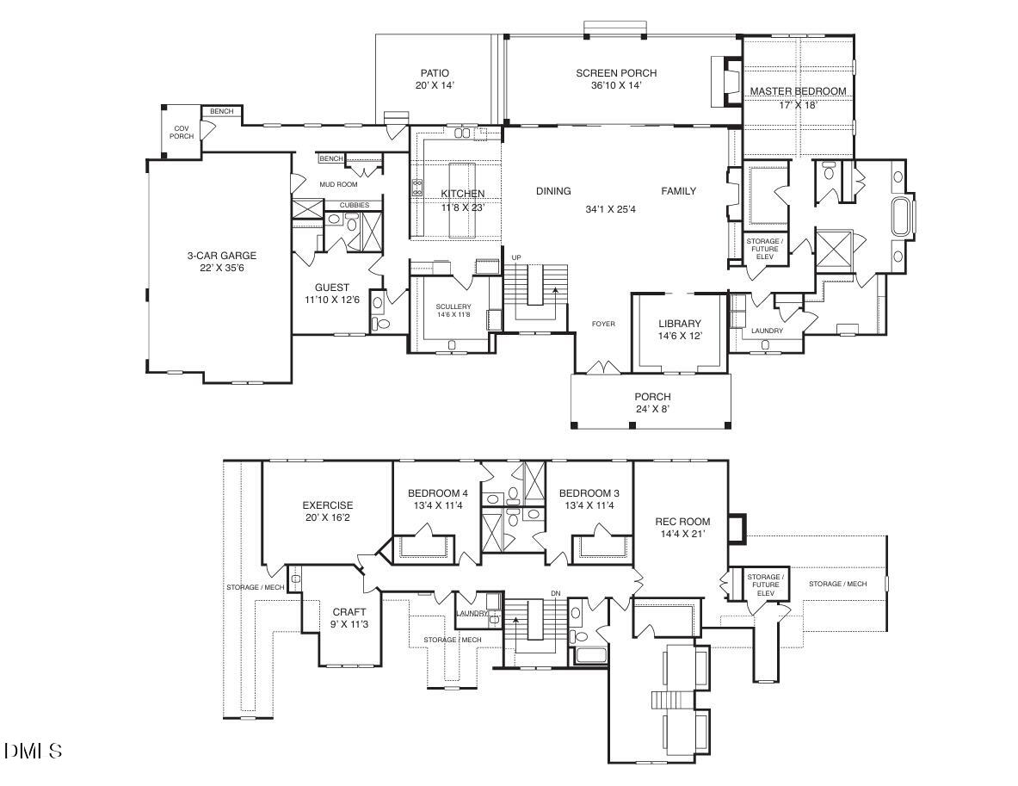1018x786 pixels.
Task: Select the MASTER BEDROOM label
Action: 798,91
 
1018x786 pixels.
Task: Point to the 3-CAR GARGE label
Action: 222,256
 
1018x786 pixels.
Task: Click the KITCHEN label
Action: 463,194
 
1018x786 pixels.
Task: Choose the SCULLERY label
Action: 453,307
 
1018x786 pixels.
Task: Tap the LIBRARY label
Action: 680,324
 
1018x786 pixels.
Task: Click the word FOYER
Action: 603,325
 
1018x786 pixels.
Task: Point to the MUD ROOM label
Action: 338,184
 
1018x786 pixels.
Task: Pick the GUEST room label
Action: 331,288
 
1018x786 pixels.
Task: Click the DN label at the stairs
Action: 556,594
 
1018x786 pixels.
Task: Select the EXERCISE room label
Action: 327,505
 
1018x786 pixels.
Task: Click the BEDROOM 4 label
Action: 437,493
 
